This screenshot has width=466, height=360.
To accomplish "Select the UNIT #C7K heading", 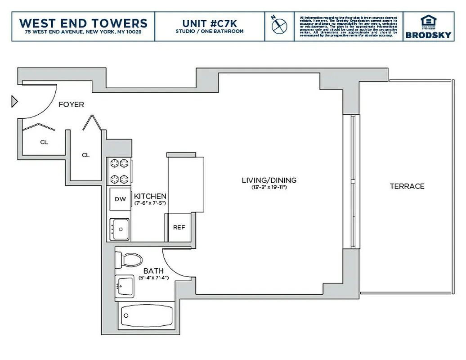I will point(209,23).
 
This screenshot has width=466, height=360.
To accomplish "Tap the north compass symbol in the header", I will point(279,25).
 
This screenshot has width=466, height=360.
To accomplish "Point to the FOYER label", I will point(71,104).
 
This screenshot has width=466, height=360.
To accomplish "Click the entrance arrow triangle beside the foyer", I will point(14,102).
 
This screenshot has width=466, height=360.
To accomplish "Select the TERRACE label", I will point(407,186).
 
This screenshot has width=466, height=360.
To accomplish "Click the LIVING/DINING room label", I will point(269,180).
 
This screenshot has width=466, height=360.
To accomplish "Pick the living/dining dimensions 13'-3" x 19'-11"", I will point(269,187).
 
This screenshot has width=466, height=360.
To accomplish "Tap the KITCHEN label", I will point(150,196).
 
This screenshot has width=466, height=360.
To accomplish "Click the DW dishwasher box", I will point(120,199).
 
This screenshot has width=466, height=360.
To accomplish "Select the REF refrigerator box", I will point(179,227).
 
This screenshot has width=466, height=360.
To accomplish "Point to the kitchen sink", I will point(120,229).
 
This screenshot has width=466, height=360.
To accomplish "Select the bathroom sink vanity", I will point(125,286).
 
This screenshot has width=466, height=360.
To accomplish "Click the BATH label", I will point(153,271).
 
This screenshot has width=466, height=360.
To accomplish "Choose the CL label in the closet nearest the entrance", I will point(44,142).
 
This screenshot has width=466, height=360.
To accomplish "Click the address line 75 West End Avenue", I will point(83,32).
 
